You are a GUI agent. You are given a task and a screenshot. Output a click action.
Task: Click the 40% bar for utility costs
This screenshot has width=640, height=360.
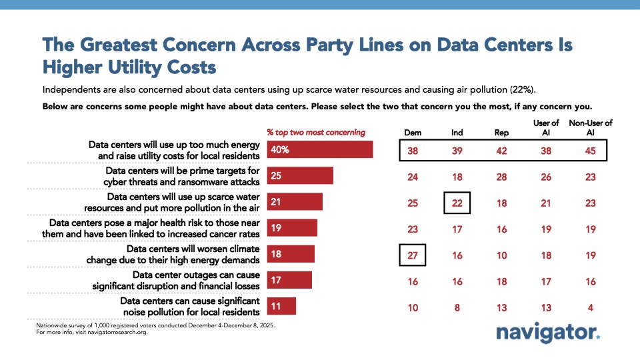point(320,149)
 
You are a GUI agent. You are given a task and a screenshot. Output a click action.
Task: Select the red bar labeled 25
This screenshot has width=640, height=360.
point(300,175)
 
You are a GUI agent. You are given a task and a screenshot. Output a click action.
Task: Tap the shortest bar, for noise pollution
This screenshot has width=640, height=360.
point(281,306)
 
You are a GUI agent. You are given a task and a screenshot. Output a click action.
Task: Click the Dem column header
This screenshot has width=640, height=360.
point(413,132)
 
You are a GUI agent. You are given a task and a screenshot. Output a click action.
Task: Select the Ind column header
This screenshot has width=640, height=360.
point(457,132)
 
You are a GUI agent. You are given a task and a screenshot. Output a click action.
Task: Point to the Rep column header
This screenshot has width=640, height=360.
point(501,132)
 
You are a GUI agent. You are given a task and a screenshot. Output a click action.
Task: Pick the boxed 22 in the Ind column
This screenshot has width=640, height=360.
point(457,202)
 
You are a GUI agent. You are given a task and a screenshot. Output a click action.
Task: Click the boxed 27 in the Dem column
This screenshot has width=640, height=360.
point(413,255)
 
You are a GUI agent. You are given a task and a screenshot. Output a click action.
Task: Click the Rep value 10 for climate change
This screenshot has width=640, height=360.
point(501,255)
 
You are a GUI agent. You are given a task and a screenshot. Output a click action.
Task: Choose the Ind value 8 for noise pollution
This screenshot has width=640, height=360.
point(457,307)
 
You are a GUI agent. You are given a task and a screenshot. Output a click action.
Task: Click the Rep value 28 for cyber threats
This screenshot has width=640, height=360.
point(501,177)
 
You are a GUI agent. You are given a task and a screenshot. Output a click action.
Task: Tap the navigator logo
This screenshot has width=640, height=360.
point(548,333)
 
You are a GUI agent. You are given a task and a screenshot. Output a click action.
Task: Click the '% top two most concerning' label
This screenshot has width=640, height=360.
point(316,132)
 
